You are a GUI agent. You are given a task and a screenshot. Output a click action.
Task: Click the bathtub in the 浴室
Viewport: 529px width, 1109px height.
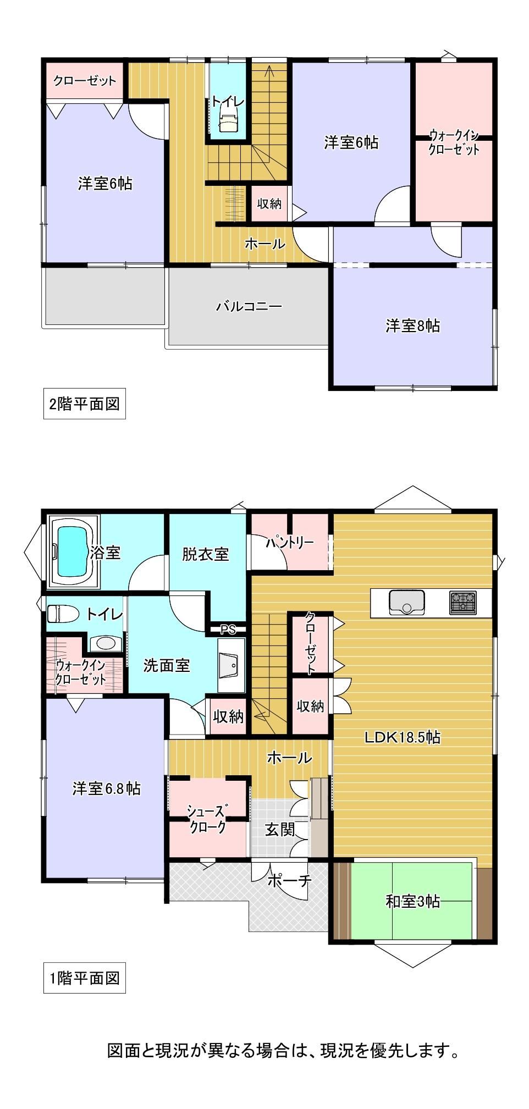coord(73,551)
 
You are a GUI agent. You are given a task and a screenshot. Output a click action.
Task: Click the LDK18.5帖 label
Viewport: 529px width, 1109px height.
coord(403,737)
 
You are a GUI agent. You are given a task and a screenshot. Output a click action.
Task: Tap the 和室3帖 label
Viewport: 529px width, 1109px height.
coord(412,901)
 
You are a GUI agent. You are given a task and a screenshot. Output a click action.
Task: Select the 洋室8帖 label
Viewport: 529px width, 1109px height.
coord(412,325)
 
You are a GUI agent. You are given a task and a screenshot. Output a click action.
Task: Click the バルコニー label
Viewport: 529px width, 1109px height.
coord(249,306)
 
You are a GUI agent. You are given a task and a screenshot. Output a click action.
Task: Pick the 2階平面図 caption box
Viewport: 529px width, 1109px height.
coord(85,404)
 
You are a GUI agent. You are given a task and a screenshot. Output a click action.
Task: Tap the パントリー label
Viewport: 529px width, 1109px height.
coord(290,543)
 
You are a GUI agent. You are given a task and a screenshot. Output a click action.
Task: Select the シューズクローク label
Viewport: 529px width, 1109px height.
coord(207,819)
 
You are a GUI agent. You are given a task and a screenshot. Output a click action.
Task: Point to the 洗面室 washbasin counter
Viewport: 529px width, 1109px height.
coord(232,665)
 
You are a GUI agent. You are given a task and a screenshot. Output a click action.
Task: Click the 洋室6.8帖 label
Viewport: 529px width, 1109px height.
coord(106,788)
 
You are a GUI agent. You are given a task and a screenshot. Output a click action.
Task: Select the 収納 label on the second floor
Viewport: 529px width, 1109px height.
coord(269,203)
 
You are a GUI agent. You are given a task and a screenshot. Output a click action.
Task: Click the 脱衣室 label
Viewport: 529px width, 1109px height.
coord(206,554)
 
